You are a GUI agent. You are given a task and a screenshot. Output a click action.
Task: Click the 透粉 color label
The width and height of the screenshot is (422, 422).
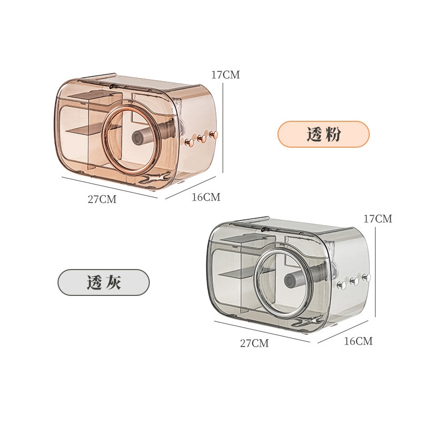click(x=323, y=134)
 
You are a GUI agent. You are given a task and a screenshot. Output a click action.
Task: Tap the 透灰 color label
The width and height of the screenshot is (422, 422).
click(x=103, y=282)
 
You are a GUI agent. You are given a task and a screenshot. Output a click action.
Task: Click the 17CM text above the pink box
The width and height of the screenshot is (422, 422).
click(x=225, y=74)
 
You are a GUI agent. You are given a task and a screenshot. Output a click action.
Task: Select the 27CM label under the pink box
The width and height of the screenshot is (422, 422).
click(x=102, y=199)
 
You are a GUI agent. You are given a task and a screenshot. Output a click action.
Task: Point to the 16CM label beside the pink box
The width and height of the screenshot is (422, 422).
click(x=206, y=197)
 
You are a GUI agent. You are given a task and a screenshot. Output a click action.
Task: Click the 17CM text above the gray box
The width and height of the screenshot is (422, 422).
click(x=378, y=219)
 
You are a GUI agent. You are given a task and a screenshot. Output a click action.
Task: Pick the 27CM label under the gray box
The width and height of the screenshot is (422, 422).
click(x=255, y=343)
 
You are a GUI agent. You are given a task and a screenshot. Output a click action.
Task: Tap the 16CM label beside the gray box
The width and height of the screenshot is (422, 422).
click(x=359, y=341)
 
